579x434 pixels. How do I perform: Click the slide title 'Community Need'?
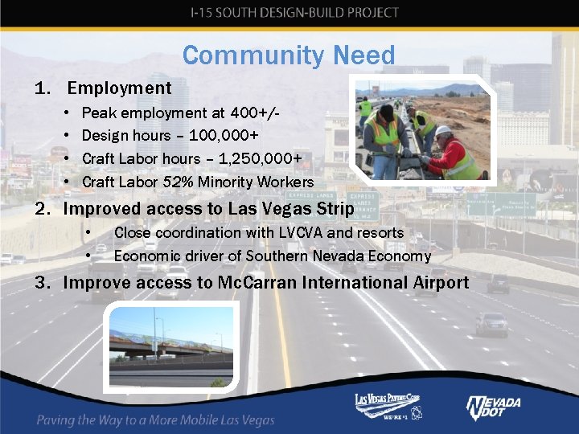289,55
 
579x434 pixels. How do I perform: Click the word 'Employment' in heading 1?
119,88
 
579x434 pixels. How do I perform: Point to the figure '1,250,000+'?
257,159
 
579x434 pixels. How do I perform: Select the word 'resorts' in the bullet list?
379,232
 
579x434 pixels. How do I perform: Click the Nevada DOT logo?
493,407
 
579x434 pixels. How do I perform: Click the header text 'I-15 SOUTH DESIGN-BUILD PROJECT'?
294,13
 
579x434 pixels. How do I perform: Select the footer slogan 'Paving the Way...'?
155,420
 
